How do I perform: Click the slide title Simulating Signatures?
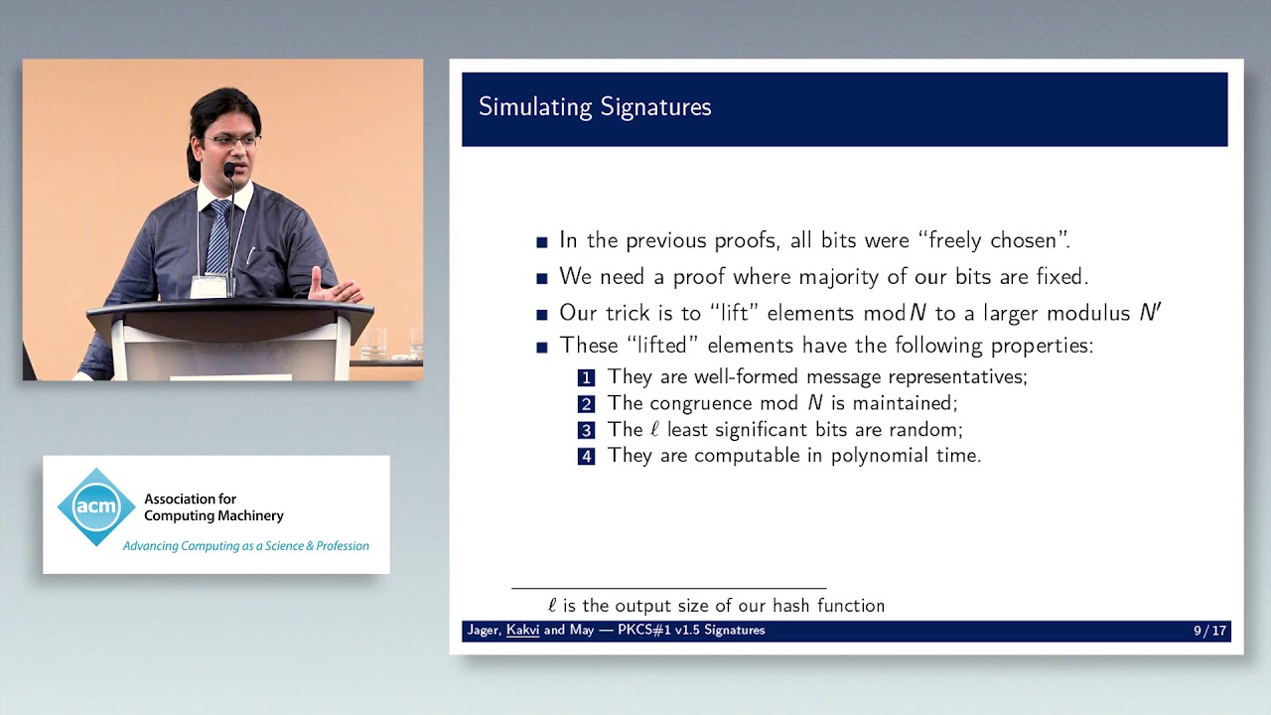click(x=595, y=107)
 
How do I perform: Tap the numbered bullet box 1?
click(x=587, y=377)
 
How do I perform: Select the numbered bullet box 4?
click(x=587, y=457)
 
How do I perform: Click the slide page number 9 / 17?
click(x=1209, y=631)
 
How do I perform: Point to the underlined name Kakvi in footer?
click(x=522, y=631)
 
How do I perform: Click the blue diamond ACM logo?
click(x=96, y=507)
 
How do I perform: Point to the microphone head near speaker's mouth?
click(x=229, y=171)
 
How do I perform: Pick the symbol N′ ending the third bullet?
click(x=1150, y=313)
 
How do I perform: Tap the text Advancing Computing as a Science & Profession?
click(x=245, y=546)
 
